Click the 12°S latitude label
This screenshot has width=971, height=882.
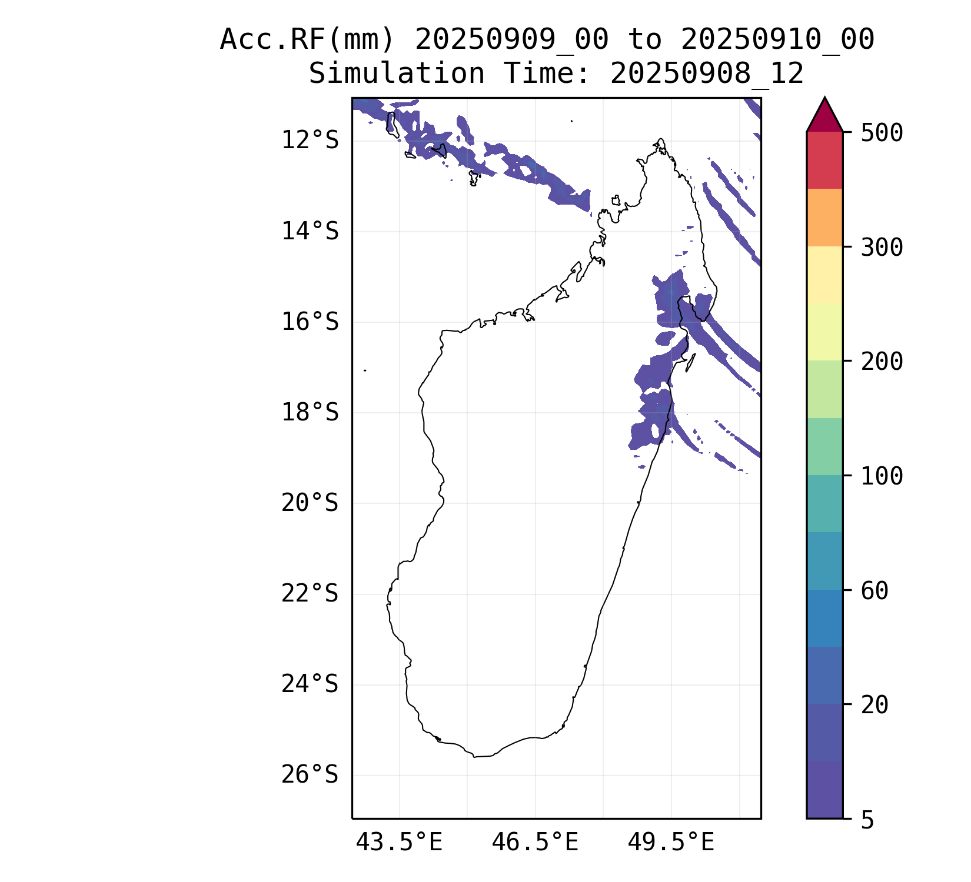pos(310,141)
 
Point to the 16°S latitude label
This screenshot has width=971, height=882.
pos(310,322)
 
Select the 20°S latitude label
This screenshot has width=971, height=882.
pos(310,503)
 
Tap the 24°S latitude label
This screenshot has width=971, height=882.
pos(310,684)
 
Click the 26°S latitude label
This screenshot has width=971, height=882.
pos(310,775)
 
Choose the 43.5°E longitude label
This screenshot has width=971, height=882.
pos(399,843)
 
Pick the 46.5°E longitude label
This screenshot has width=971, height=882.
pos(535,843)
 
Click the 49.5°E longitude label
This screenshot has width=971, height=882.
pos(671,843)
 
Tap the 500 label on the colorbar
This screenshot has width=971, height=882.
pos(882,133)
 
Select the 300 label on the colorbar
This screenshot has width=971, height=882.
pos(882,248)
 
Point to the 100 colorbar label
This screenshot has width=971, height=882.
pos(882,476)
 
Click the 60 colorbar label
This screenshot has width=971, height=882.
pos(874,591)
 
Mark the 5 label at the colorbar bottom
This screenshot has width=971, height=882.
pos(867,820)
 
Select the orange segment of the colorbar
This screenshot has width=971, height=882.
pos(824,218)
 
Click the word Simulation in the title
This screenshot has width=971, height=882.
pos(397,74)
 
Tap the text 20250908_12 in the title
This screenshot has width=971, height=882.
pos(707,74)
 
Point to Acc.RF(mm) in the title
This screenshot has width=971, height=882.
pos(307,40)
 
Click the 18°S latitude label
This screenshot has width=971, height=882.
pos(310,413)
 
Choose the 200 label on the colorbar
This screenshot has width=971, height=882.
pos(882,362)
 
